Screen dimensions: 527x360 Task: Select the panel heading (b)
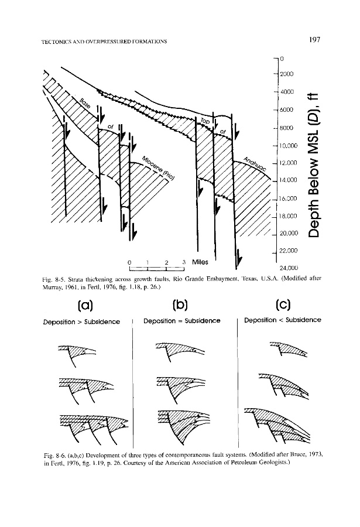click(x=181, y=306)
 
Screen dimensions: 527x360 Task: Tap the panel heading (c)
click(x=282, y=306)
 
